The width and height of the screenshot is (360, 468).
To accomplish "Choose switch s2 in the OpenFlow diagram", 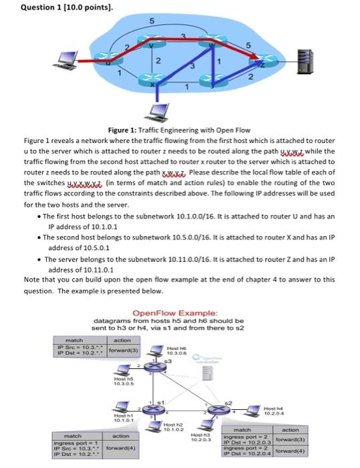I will pyautogui.click(x=222, y=408).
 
